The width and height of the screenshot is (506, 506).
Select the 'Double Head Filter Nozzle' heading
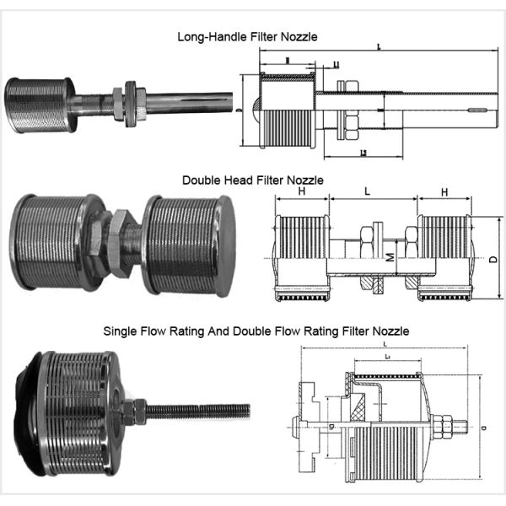pos(252,180)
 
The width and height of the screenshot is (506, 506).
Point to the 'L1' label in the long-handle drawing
pos(336,64)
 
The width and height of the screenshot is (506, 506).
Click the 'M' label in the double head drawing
pos(389,256)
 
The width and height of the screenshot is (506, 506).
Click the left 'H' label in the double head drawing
pos(301,192)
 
